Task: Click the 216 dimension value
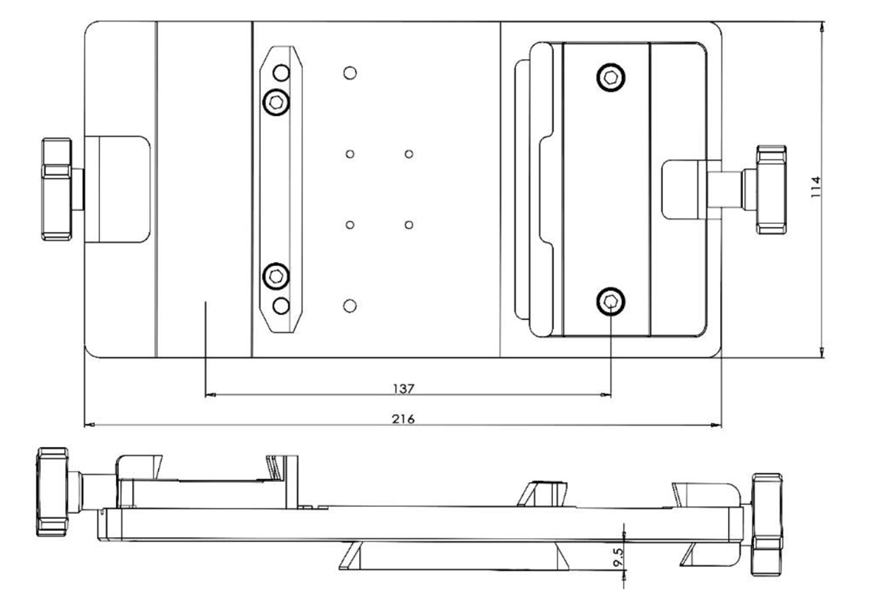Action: [x=404, y=418]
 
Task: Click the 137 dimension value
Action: [x=404, y=388]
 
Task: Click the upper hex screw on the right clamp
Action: [x=611, y=77]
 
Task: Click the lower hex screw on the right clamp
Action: [x=611, y=300]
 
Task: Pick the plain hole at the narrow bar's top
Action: [x=281, y=73]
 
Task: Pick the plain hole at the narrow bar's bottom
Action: [x=281, y=305]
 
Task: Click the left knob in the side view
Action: [x=52, y=491]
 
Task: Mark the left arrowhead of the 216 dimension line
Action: [x=89, y=425]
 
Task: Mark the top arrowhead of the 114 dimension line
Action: [x=823, y=27]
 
